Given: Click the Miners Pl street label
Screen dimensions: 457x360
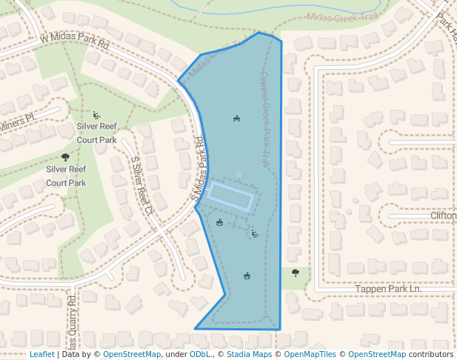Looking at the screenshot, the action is [18, 119].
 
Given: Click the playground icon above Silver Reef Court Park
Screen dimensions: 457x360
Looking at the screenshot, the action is [97, 115].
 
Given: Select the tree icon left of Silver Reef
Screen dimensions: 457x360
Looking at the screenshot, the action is [65, 157].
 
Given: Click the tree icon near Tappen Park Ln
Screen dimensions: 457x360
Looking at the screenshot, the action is [296, 273].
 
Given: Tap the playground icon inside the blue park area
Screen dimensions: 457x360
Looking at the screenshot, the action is [255, 234].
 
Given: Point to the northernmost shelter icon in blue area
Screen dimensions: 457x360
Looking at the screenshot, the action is [236, 118].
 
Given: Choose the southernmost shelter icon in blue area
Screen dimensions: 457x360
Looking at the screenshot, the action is [247, 276].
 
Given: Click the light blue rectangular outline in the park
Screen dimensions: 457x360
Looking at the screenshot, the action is [232, 196].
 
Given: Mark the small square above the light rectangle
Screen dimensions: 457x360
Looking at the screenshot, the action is [238, 174].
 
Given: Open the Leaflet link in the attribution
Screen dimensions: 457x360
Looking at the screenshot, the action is [42, 354].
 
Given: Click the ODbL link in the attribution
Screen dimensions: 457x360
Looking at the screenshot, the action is [200, 354].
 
